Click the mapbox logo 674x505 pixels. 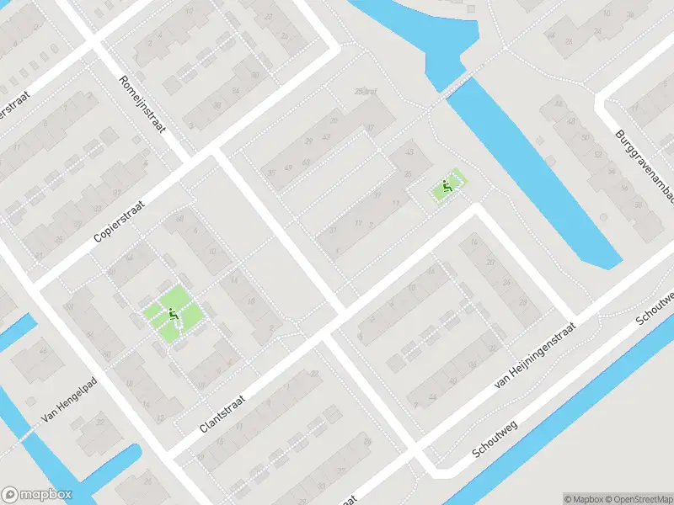[37, 495]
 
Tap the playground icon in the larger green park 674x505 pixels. [173, 316]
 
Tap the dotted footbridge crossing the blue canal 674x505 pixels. [456, 83]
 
